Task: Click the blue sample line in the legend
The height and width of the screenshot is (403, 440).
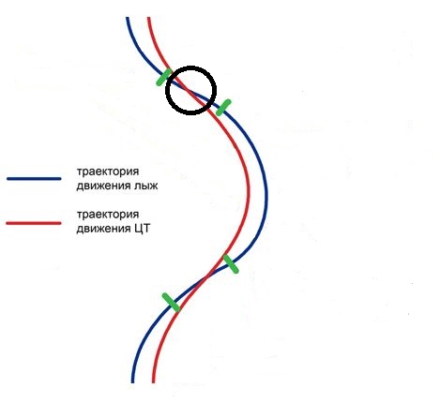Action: (x=34, y=179)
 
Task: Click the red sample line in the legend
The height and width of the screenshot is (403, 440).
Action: (x=34, y=223)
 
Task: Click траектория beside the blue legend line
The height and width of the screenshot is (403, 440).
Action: (x=108, y=172)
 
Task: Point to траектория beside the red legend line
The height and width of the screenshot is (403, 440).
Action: (x=108, y=215)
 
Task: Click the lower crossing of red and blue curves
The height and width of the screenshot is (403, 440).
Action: (x=207, y=276)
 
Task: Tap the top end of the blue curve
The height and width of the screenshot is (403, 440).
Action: (x=128, y=18)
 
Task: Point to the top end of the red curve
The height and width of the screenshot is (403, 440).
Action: (x=149, y=18)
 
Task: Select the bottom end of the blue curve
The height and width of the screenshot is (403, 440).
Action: (x=132, y=381)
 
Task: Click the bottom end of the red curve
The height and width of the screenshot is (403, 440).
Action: (x=153, y=381)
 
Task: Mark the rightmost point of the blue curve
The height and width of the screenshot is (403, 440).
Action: (x=266, y=195)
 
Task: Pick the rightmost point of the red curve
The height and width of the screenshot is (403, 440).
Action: (x=249, y=189)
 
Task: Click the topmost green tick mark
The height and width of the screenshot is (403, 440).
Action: (x=164, y=77)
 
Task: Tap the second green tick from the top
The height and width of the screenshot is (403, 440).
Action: (x=223, y=108)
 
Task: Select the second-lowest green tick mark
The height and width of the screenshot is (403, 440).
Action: (x=231, y=264)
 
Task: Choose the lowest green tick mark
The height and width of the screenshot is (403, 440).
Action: (x=171, y=303)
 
